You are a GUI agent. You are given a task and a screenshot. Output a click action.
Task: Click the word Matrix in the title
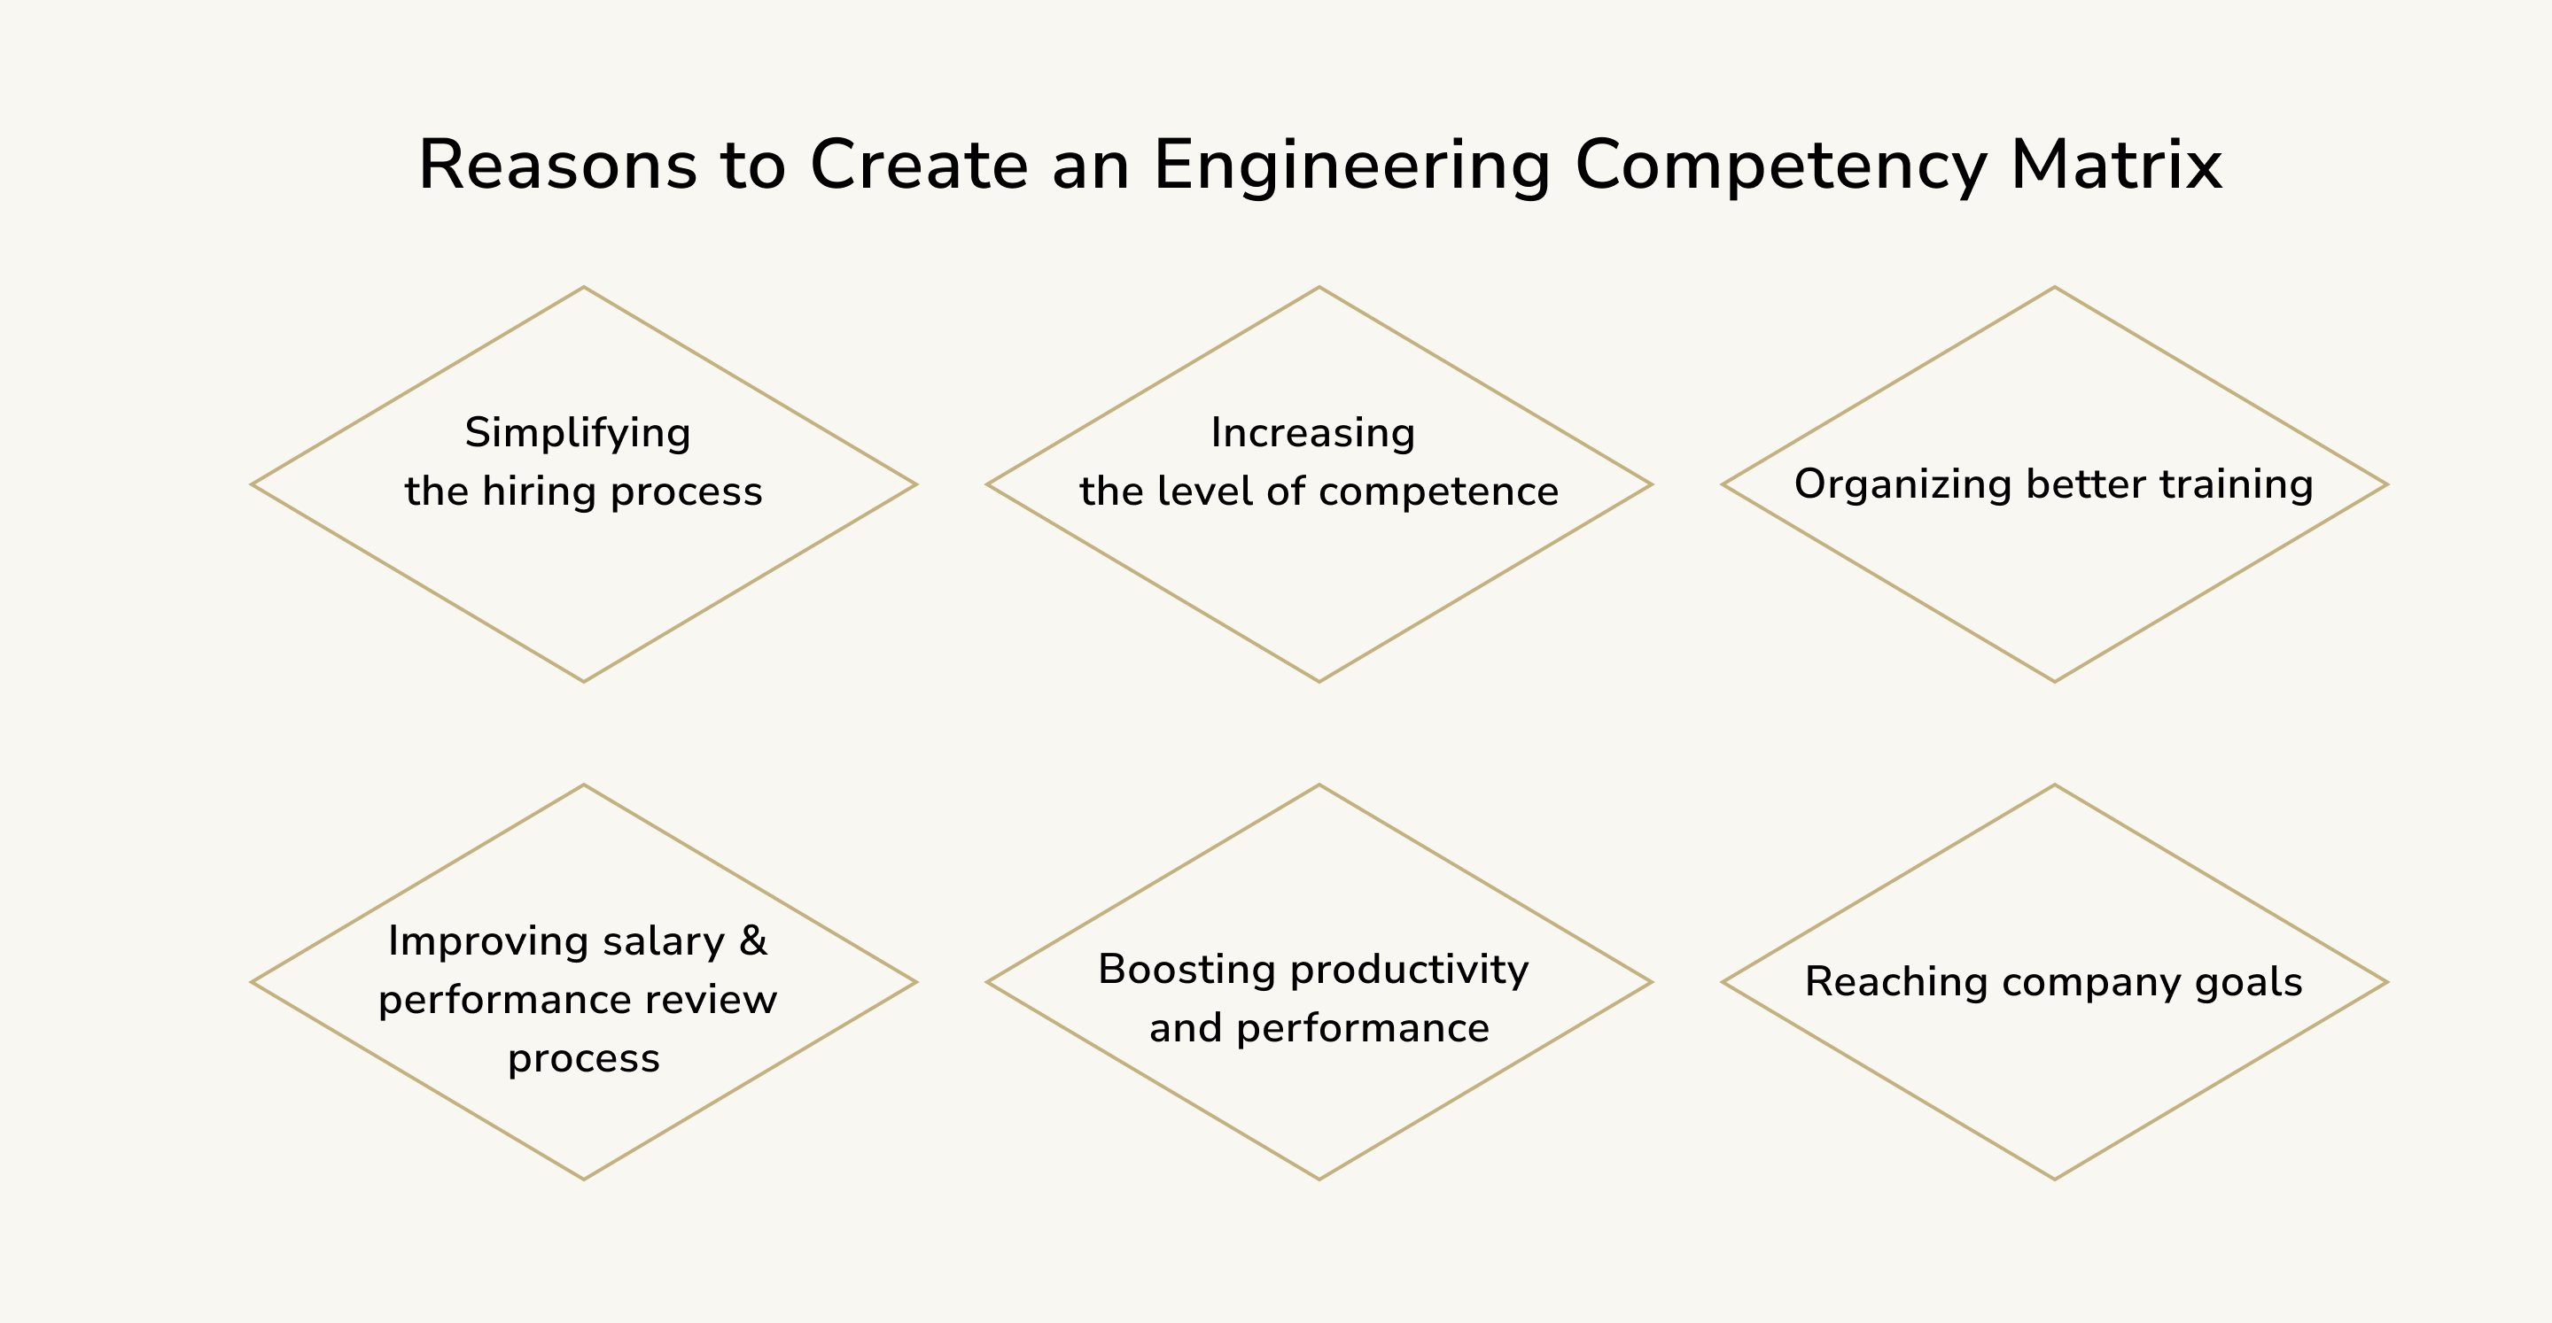2116,165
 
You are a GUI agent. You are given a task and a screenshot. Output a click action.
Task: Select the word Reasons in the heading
557,165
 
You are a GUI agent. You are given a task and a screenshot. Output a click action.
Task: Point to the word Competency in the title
1780,166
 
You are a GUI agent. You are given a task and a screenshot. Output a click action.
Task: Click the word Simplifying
578,434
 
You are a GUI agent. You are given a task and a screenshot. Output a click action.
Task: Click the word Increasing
1312,434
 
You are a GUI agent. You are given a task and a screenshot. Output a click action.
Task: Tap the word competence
1438,492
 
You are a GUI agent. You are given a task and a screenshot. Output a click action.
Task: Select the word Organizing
1903,485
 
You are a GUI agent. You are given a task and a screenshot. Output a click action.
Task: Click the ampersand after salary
753,940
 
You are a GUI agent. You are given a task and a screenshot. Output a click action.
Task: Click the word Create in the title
920,165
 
